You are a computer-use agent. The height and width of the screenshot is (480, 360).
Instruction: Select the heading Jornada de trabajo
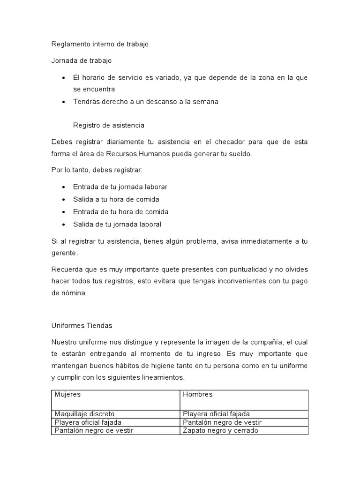tap(81, 60)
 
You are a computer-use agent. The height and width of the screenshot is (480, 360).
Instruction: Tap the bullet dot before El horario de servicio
tap(63, 77)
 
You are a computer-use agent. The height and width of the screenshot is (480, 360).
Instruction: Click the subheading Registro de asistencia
tap(109, 125)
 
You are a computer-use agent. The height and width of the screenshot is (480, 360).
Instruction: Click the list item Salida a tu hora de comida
tap(116, 199)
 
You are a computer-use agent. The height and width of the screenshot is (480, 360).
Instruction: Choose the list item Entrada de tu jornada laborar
tap(120, 187)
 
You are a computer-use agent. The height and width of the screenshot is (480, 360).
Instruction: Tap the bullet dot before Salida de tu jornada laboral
tap(63, 225)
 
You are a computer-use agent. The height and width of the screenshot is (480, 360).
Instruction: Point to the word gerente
tap(64, 253)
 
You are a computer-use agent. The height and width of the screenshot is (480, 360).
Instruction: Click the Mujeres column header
tap(67, 395)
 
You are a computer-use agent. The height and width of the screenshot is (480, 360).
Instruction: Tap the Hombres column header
tap(197, 395)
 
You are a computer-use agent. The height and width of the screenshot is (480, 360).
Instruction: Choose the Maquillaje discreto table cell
tap(85, 414)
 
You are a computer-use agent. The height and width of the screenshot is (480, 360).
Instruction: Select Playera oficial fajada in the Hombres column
tap(216, 414)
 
